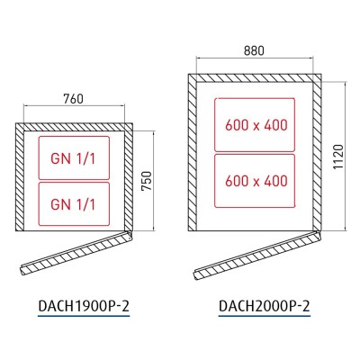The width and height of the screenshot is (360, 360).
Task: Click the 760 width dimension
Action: coord(73,99)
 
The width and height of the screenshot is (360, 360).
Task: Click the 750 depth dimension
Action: coord(147,181)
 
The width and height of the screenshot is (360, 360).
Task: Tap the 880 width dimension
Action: coord(254,50)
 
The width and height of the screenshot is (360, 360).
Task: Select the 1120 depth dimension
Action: coord(338,157)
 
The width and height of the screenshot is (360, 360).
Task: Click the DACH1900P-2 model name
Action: coord(84,306)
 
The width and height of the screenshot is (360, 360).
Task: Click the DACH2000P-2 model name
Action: coord(265,306)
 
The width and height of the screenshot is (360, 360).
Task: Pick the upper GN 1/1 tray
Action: coord(74,158)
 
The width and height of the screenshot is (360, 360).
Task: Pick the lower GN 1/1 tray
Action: coord(74,204)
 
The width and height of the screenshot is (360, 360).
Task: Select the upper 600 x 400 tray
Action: coord(255,125)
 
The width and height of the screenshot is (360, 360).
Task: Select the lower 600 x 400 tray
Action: coord(255,181)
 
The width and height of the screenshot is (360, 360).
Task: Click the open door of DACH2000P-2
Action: coord(257,255)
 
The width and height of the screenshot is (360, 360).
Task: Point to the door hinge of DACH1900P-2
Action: coord(130,234)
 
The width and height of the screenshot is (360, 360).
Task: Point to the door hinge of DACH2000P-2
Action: coord(318,235)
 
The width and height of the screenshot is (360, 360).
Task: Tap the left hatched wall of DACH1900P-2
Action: coord(20,176)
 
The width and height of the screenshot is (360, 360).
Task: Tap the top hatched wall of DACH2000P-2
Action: coord(255,77)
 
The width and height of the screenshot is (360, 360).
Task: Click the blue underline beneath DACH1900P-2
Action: coord(84,316)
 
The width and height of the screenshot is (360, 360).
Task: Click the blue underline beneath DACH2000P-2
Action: coord(265,316)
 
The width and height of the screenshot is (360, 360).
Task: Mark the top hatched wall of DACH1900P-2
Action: coord(74,127)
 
